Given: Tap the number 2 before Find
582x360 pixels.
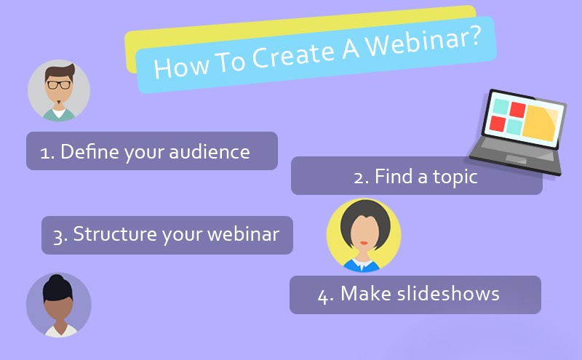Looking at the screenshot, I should [x=359, y=177].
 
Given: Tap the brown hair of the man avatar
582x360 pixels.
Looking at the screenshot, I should [x=58, y=71].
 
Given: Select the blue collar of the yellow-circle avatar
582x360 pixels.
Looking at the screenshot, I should [x=363, y=263].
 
